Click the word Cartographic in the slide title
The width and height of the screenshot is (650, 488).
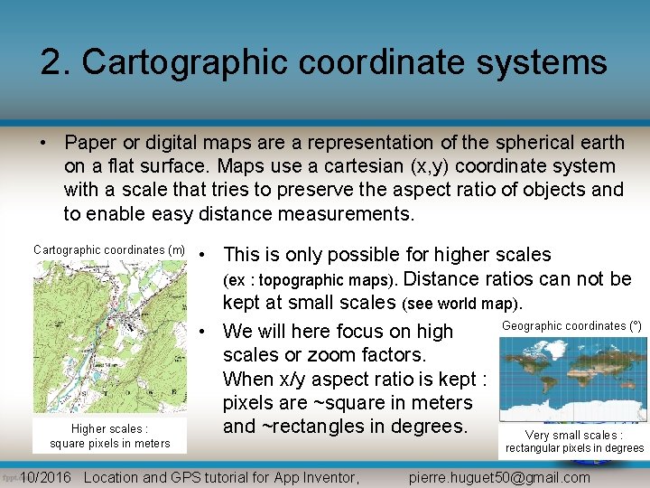(222, 62)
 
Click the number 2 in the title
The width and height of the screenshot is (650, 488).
(51, 62)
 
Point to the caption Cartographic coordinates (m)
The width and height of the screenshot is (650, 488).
(109, 250)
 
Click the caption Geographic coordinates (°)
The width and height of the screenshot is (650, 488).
(571, 325)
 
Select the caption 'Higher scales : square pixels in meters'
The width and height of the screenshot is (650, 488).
(109, 436)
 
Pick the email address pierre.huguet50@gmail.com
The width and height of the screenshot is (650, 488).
(499, 477)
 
